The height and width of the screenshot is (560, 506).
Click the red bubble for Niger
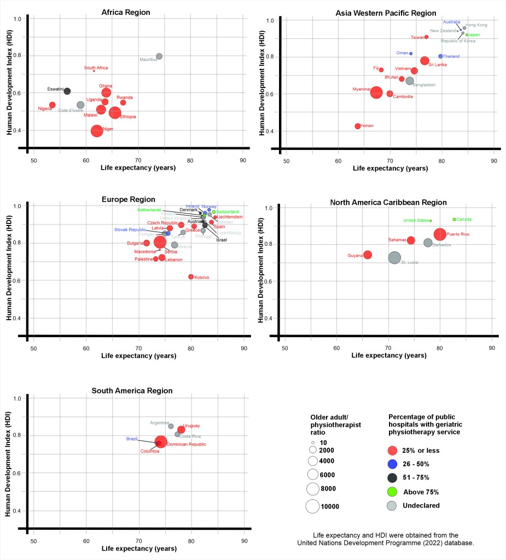pos(97,131)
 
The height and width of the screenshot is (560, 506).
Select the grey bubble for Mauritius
pos(159,56)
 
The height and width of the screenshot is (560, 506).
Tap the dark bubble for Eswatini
pos(67,91)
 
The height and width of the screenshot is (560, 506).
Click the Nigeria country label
pos(45,108)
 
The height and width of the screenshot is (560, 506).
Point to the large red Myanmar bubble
pos(376,93)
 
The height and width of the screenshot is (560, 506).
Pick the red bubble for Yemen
pos(358,126)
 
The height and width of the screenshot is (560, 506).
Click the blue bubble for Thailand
pos(440,56)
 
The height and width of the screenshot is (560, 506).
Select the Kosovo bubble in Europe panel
pos(191,276)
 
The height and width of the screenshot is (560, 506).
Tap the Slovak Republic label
pos(130,229)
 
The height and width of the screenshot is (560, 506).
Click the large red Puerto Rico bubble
pos(440,234)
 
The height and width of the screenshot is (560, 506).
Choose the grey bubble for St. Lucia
pos(394,257)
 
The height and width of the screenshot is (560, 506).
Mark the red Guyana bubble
pos(368,255)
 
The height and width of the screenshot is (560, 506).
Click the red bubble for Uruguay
pos(181,430)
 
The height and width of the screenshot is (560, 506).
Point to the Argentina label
pos(159,423)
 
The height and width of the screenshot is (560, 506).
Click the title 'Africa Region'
pos(126,12)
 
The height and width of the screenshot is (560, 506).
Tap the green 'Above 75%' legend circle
pos(392,492)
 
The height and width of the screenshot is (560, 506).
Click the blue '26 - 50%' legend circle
pos(392,464)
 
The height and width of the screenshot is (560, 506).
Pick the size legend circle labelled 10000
pos(312,506)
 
